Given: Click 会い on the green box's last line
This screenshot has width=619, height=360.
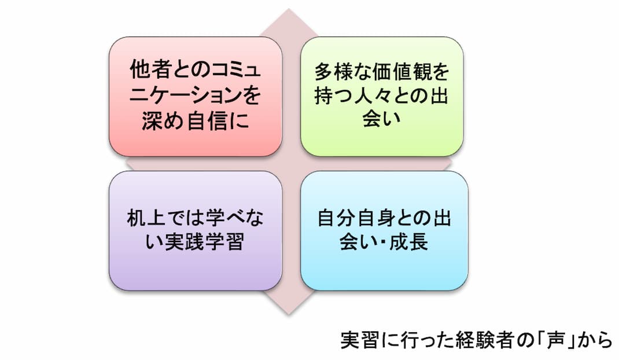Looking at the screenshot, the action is pyautogui.click(x=381, y=119).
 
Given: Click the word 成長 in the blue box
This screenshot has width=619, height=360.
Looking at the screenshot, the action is pyautogui.click(x=409, y=242).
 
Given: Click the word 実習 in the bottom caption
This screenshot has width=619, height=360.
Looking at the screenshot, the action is pyautogui.click(x=359, y=340).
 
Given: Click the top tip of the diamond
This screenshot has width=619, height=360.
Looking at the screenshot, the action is pyautogui.click(x=289, y=9).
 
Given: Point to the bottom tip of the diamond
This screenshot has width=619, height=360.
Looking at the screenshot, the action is pyautogui.click(x=289, y=315).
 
